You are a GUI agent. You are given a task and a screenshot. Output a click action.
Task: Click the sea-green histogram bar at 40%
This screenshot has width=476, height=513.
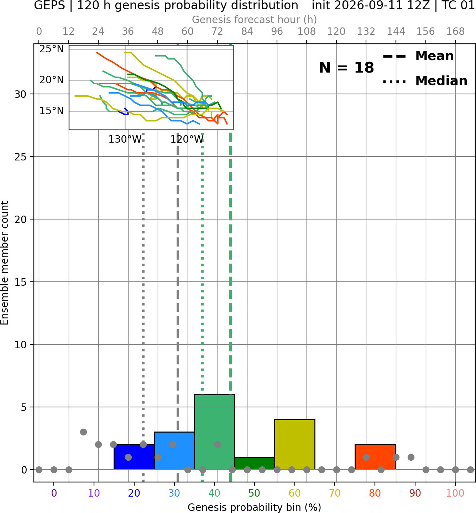tap(215, 432)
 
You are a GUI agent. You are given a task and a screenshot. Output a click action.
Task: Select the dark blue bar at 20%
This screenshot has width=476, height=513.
tap(134, 457)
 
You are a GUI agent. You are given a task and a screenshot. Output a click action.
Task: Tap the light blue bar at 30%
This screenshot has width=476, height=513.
tap(174, 450)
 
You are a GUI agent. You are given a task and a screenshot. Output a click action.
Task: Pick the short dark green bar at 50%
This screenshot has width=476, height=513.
tap(255, 463)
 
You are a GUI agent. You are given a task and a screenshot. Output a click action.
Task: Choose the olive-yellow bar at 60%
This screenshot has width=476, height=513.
tap(295, 444)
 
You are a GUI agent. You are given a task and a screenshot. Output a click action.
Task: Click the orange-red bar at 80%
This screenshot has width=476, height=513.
tap(375, 457)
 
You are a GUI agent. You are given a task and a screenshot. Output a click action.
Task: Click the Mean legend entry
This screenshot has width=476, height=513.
tap(418, 56)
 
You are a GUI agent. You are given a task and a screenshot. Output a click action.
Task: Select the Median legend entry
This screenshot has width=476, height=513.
tap(425, 81)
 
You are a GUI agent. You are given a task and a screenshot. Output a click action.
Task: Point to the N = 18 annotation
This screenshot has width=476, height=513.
tap(346, 68)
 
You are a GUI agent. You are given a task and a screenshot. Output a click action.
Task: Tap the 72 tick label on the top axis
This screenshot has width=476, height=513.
tap(217, 32)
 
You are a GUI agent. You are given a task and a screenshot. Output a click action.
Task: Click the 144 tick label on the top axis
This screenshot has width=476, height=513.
tap(396, 32)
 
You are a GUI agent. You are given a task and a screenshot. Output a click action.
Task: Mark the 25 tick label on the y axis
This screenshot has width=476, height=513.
tap(21, 157)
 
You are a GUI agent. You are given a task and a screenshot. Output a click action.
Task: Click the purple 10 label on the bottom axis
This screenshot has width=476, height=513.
tap(94, 493)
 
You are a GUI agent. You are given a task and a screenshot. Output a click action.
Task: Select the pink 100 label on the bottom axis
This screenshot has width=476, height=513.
tap(455, 493)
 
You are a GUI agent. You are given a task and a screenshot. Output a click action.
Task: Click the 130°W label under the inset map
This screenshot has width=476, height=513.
tap(125, 139)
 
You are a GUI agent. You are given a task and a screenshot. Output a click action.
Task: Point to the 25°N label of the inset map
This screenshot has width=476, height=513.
tap(52, 49)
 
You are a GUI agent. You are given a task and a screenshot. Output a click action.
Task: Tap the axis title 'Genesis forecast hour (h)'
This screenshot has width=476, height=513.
tap(255, 20)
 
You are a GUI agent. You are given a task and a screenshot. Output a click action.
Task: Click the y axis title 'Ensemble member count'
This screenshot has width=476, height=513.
tap(4, 263)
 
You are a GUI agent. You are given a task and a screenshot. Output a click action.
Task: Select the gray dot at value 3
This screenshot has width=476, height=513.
tap(83, 432)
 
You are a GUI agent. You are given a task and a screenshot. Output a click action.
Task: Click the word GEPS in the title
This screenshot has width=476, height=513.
tap(49, 5)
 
